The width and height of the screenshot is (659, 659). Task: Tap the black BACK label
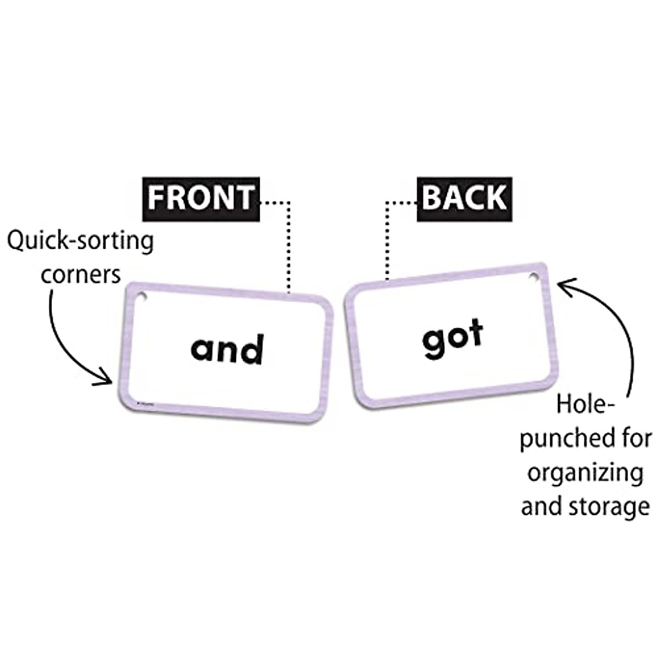tap(464, 197)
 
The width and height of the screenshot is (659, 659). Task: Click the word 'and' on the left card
tap(227, 350)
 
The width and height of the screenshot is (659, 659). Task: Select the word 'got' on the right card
tap(453, 337)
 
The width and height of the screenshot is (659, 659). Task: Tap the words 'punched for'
tap(585, 439)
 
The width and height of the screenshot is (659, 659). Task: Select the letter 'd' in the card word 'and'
tap(252, 350)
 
